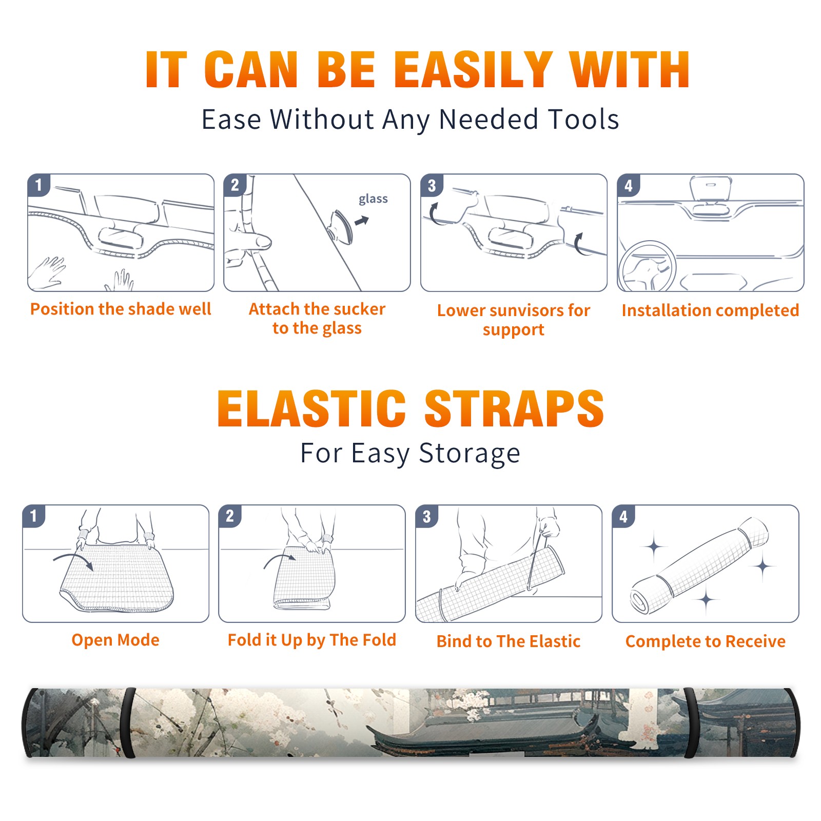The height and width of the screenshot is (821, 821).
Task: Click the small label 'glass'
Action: tap(373, 199)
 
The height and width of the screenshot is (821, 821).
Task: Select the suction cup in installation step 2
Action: tap(342, 226)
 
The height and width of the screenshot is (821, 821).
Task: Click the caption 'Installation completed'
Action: tap(710, 310)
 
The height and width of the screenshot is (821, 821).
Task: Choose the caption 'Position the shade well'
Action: tap(121, 309)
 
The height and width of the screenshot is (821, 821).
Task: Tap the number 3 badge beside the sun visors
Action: tap(432, 185)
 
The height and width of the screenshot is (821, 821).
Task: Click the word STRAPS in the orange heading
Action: tap(514, 408)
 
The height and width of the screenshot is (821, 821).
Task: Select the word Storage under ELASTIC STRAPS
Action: tap(470, 454)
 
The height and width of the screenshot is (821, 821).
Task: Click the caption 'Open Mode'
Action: tap(115, 640)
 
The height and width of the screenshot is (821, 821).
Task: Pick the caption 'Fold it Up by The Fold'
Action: tap(312, 640)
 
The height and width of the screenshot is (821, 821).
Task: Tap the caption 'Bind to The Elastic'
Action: tap(509, 641)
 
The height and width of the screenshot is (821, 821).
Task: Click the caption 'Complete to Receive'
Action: tap(706, 641)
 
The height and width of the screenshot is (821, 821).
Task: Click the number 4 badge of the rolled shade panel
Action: tap(623, 517)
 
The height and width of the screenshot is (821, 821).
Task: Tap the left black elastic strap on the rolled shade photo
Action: tap(128, 723)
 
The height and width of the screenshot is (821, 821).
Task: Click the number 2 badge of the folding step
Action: tap(230, 516)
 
